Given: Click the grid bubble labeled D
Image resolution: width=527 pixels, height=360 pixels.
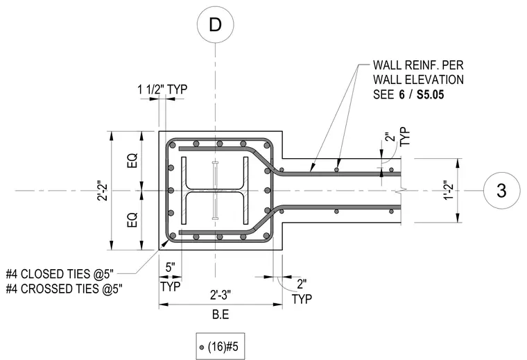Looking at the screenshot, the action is (215, 24).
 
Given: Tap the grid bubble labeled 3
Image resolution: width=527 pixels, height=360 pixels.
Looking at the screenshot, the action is (501, 191).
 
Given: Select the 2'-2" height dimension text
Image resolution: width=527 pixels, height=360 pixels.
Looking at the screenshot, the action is (103, 191).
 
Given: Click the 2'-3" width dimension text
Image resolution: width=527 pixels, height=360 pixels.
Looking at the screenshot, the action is (221, 295).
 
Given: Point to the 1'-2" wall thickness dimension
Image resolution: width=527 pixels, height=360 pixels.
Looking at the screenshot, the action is (449, 190).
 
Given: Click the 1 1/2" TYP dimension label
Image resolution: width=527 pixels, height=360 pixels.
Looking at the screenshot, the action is (162, 89).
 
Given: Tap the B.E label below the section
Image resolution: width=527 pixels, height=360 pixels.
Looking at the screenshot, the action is (221, 315).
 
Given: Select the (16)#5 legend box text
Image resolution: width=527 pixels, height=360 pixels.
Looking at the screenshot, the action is (223, 347).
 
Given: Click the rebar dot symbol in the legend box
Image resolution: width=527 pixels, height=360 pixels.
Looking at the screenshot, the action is (202, 348).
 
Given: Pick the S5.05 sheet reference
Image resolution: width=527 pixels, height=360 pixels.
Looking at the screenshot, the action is (430, 95).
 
